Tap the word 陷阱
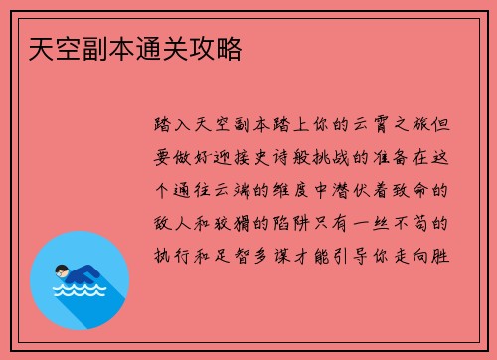click(x=303, y=224)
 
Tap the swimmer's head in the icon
click(x=63, y=270)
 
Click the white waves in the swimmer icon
click(x=79, y=292)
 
